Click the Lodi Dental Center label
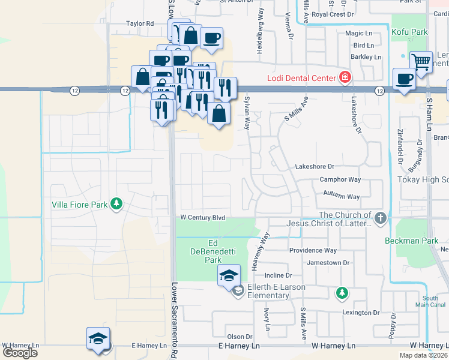(301, 78)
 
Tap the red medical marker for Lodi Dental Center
(345, 77)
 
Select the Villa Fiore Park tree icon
(116, 205)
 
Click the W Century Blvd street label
(203, 218)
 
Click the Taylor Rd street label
(140, 23)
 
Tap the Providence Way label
(313, 250)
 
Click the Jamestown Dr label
(328, 263)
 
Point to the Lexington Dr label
(361, 313)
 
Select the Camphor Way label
(340, 179)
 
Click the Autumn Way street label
(341, 196)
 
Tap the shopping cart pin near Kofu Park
(421, 61)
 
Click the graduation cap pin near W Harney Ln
(98, 338)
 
